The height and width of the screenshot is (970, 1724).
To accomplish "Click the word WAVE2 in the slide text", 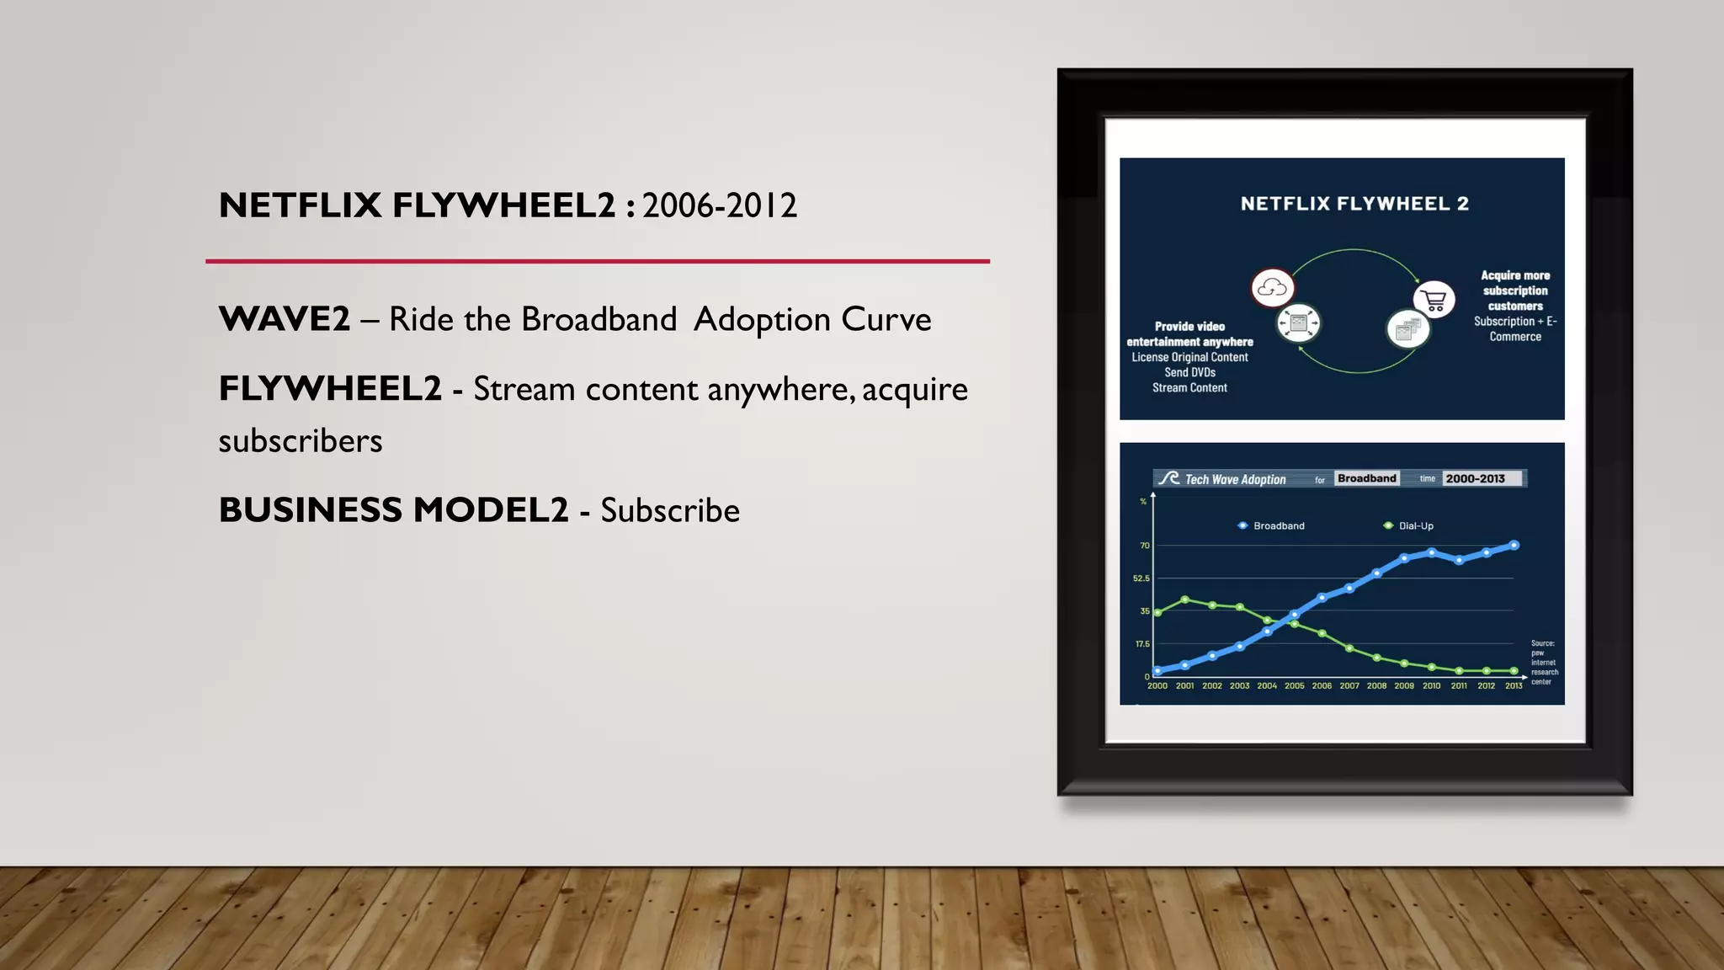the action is [284, 319].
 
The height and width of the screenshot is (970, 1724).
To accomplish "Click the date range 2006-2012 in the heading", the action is [719, 205].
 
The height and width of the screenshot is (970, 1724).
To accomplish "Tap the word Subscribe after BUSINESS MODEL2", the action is [669, 510].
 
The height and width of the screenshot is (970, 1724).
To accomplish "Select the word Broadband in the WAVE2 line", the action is [599, 319].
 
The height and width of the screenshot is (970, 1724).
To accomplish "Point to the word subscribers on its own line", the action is [301, 441].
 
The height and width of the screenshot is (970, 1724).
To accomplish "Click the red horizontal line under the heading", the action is [598, 261].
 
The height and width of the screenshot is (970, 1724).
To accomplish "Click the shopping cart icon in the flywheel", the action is [1434, 300].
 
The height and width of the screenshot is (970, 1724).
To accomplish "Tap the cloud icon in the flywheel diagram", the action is [1272, 289].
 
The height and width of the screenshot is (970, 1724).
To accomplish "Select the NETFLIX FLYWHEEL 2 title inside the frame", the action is [1354, 204].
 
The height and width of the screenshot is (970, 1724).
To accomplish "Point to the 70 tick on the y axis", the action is [1144, 546].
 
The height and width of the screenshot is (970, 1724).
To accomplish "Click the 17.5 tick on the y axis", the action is [1141, 644].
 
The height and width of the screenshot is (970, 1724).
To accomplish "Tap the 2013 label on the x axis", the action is [1514, 686].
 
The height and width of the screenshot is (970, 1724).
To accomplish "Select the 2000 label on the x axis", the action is [1157, 686].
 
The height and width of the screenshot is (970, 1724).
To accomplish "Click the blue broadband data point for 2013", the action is [1514, 546].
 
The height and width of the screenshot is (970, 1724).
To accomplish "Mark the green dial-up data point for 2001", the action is [1185, 600].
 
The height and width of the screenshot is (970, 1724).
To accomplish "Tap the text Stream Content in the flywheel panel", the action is [1189, 388].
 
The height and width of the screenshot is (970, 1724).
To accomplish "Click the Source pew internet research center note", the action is [1543, 663].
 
